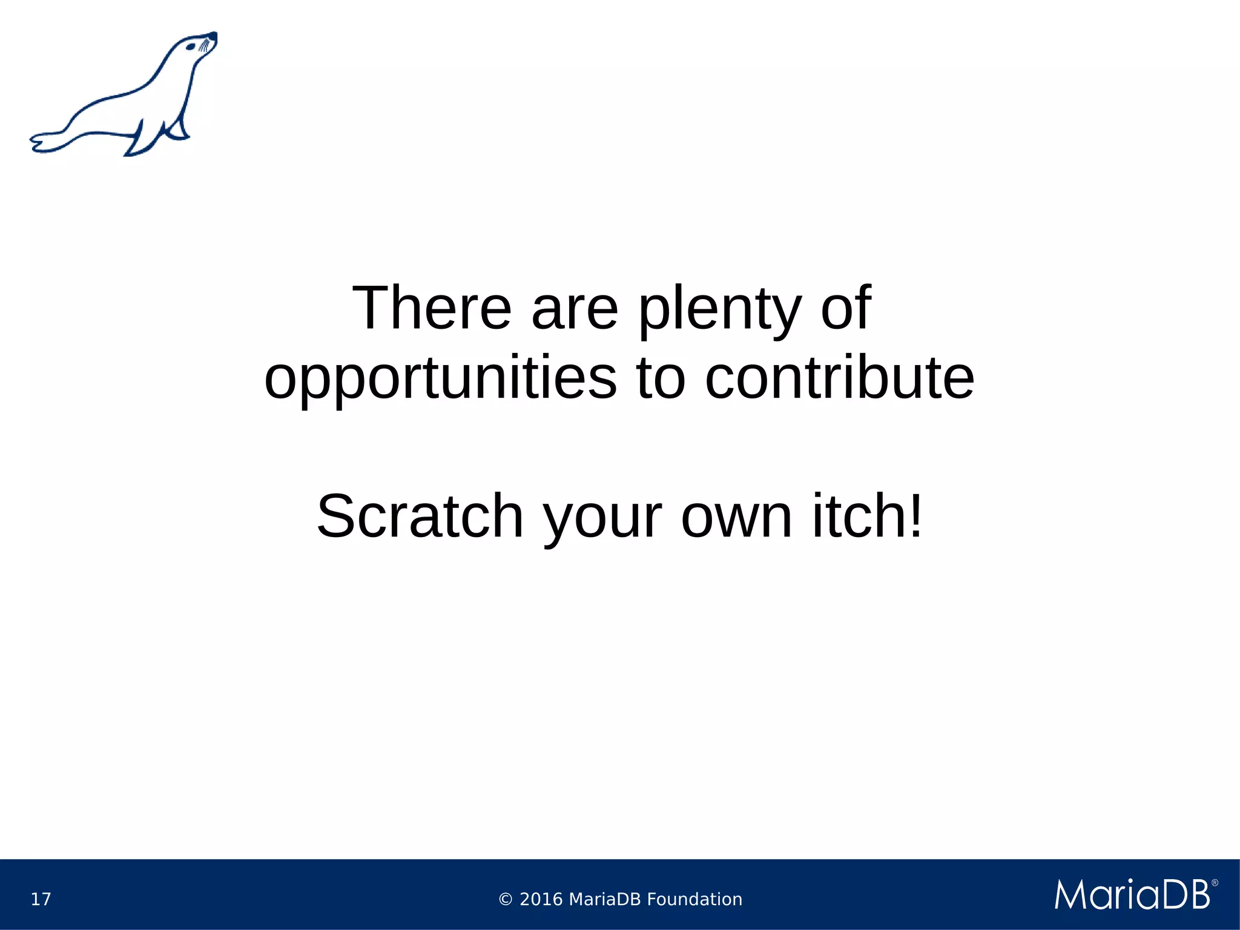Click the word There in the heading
(432, 308)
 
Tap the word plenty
(720, 311)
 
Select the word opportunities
(440, 380)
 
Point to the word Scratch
(420, 516)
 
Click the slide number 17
(41, 899)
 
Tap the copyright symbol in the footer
(506, 900)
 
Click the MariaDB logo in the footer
(1132, 894)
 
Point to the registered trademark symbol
(1214, 883)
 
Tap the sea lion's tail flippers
(45, 143)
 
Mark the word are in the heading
(575, 309)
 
